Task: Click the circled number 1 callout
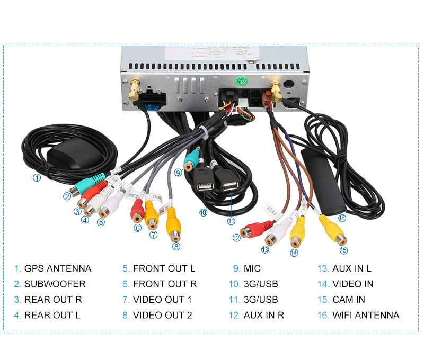(x=37, y=178)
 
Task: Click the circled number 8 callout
(x=176, y=246)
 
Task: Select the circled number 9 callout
(x=178, y=172)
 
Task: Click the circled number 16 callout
(x=341, y=218)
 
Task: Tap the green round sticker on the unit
(x=241, y=81)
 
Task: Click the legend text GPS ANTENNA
(x=58, y=268)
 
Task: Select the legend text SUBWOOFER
(x=55, y=284)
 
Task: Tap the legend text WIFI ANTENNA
(x=366, y=315)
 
